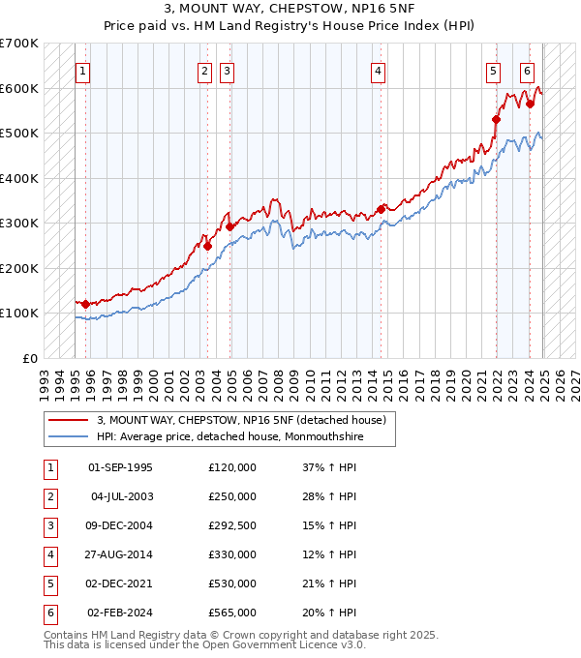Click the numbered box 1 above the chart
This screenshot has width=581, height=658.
coord(83,71)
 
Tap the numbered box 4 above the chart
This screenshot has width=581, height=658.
coord(378,71)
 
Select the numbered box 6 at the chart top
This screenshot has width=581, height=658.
coord(527,71)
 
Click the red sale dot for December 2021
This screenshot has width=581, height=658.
coord(496,119)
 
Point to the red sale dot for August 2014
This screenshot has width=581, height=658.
coord(382,208)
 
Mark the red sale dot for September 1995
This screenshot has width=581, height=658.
coord(85,304)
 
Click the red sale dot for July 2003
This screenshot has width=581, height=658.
coord(207,246)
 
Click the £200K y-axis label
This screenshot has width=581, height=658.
coord(21,268)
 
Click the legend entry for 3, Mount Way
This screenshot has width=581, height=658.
coord(241,420)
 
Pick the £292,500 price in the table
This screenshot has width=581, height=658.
coord(232,525)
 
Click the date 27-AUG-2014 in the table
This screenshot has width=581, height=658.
coord(120,554)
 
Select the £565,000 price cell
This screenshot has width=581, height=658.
coord(232,613)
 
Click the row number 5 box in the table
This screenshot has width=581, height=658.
coord(48,583)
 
